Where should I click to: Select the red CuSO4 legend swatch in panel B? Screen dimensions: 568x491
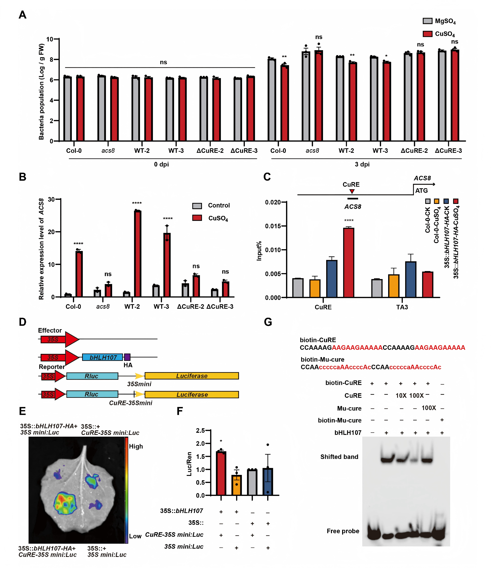(x=197, y=218)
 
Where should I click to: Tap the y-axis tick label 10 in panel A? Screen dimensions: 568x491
(x=50, y=39)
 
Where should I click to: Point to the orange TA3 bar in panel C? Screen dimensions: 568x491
(x=394, y=286)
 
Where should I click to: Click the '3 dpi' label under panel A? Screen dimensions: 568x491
(x=362, y=164)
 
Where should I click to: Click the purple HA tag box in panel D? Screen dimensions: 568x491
(x=127, y=357)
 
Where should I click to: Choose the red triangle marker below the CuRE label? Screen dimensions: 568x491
(x=352, y=191)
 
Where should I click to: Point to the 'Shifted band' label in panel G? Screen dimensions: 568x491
(x=339, y=457)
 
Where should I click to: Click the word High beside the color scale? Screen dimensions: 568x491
(x=136, y=446)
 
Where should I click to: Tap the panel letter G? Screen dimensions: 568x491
(x=268, y=322)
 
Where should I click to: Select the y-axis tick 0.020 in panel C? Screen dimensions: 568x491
(x=273, y=202)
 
